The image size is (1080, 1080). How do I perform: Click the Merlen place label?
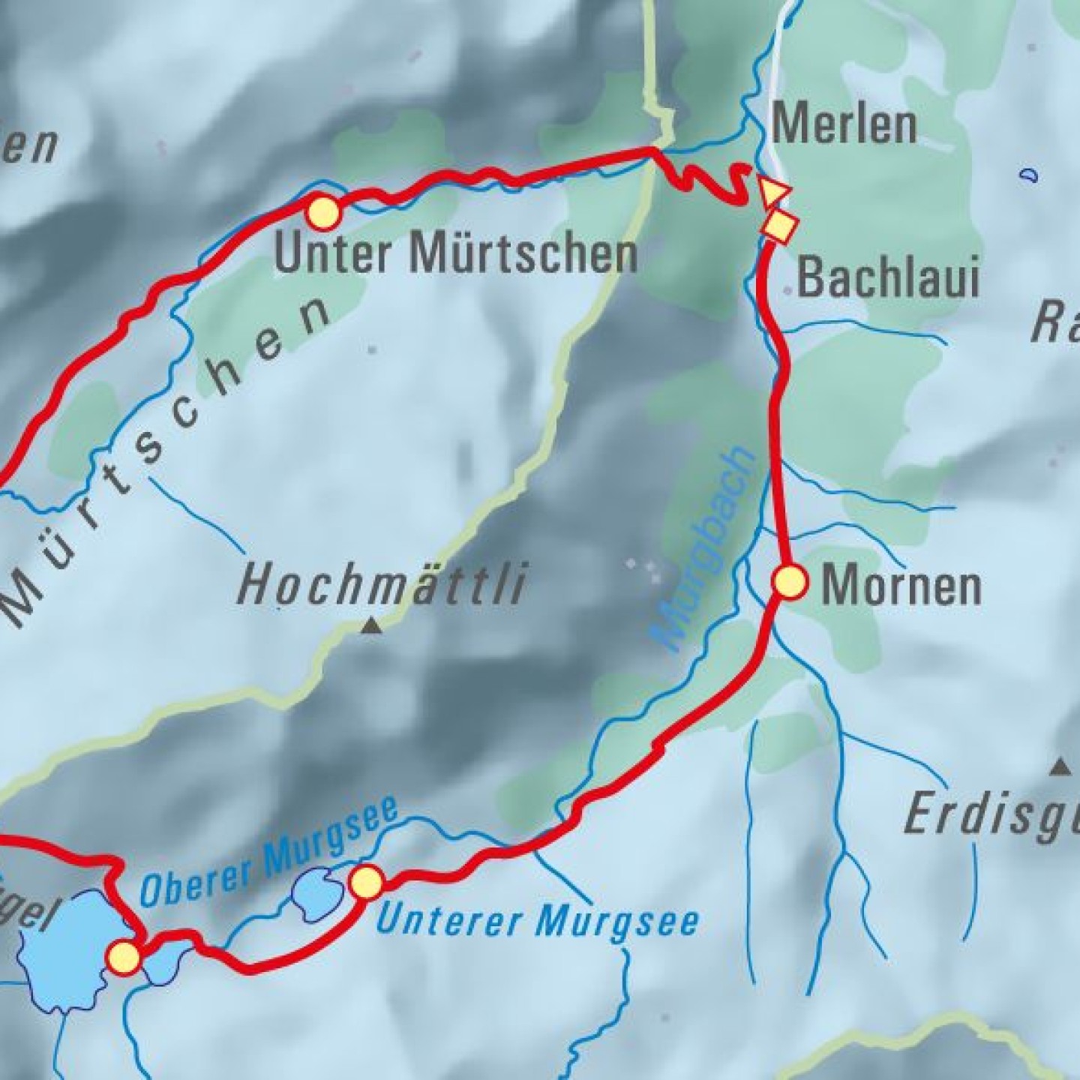(x=844, y=124)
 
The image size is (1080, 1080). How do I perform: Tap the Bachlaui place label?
(x=888, y=277)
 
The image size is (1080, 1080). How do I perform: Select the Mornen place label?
(x=901, y=586)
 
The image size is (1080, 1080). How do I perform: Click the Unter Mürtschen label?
(x=455, y=253)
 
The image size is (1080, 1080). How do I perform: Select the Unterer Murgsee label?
(x=537, y=919)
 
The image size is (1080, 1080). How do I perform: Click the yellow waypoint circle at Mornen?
(x=790, y=583)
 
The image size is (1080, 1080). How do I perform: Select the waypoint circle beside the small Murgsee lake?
(x=367, y=882)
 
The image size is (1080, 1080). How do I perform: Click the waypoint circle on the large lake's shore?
(x=124, y=958)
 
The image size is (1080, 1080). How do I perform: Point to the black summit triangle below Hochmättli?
(x=371, y=625)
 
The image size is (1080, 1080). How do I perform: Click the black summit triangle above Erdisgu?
(x=1060, y=766)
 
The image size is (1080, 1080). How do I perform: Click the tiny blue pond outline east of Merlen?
(x=1029, y=175)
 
